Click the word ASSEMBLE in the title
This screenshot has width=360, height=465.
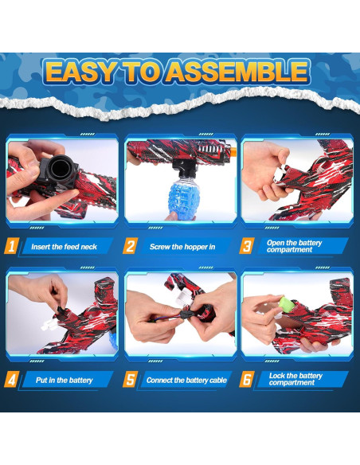239,72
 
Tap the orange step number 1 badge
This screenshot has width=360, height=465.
11,246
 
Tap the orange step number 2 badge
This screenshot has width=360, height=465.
129,246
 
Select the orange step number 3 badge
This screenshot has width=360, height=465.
247,246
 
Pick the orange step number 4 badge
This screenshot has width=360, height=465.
11,379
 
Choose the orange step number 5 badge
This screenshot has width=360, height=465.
129,379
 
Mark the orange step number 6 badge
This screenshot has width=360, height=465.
247,379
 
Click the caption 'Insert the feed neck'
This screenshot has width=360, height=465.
64,247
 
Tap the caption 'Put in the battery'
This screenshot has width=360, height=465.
64,380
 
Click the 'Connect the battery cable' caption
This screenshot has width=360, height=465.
186,380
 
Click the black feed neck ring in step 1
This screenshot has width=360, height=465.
59,169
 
